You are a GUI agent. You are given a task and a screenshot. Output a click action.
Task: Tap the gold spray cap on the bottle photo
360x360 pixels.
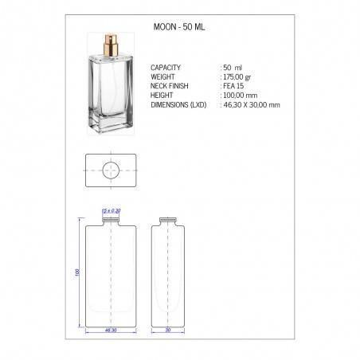pos(107,47)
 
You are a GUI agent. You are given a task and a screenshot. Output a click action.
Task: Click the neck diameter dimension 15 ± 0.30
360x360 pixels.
pos(112,211)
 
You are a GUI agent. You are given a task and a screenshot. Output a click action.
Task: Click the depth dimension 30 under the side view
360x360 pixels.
pos(168,330)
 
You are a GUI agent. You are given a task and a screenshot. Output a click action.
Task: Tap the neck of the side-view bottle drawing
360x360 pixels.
pos(168,220)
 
